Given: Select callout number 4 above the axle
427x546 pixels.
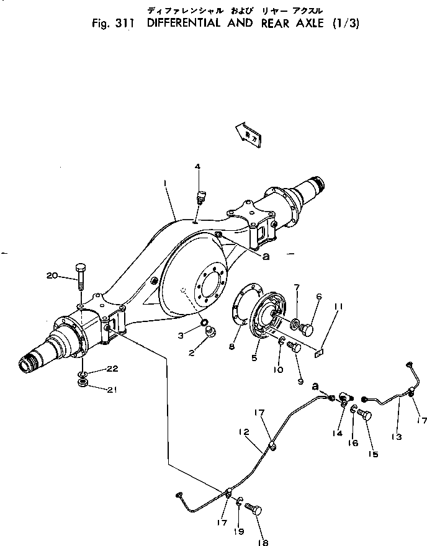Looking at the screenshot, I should click(197, 166).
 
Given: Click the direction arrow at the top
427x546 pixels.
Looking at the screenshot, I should click(248, 134).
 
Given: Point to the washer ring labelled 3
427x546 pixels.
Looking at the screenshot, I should click(204, 323).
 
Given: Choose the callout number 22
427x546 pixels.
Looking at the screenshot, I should click(112, 368).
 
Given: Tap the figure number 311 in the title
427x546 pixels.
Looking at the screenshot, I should click(126, 25).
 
